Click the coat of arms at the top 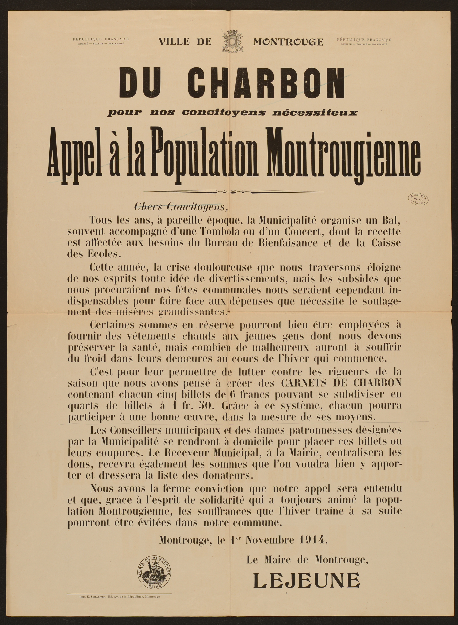(232, 42)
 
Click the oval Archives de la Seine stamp (418, 198)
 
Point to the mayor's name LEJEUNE (307, 577)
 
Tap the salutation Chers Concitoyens (182, 207)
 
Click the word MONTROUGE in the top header (288, 42)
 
